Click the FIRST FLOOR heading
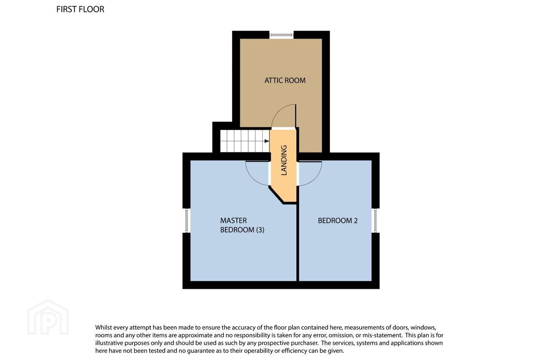click(80, 9)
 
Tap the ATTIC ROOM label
click(285, 80)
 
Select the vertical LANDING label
click(284, 160)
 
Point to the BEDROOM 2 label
click(338, 220)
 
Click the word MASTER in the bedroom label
click(233, 220)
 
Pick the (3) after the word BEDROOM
click(260, 230)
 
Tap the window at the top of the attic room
click(281, 35)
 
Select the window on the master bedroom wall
click(186, 220)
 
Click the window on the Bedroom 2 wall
click(376, 220)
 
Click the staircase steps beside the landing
click(245, 141)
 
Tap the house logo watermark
click(48, 317)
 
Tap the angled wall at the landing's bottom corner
click(276, 195)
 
